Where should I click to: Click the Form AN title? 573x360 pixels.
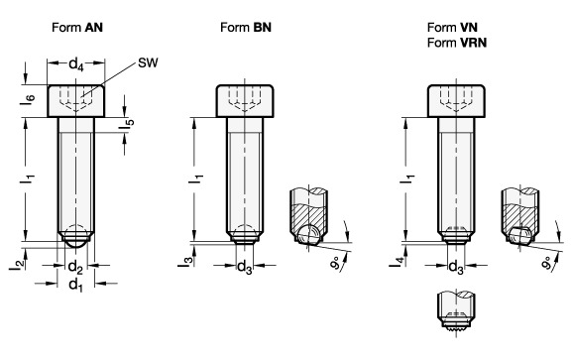pyautogui.click(x=77, y=28)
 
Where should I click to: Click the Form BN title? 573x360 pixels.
pyautogui.click(x=246, y=28)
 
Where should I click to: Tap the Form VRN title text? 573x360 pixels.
pyautogui.click(x=457, y=43)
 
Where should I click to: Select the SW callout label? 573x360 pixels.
pyautogui.click(x=148, y=62)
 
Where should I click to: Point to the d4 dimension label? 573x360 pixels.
pyautogui.click(x=76, y=64)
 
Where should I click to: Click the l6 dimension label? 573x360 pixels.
pyautogui.click(x=28, y=100)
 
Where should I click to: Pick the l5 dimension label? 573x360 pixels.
pyautogui.click(x=127, y=125)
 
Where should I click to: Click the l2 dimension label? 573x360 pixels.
pyautogui.click(x=17, y=264)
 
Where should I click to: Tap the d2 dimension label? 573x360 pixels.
pyautogui.click(x=75, y=268)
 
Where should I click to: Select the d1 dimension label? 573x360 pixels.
pyautogui.click(x=75, y=285)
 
